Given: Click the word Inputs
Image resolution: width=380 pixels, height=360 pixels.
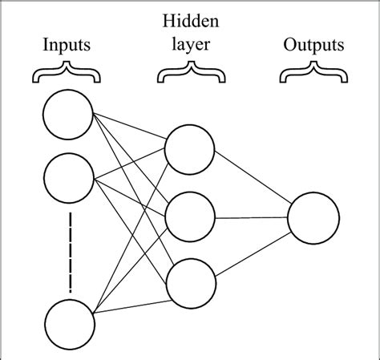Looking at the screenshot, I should tap(67, 45).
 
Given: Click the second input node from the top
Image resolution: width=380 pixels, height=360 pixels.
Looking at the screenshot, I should tap(68, 180).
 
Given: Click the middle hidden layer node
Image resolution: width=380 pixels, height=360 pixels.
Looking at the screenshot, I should tap(190, 216).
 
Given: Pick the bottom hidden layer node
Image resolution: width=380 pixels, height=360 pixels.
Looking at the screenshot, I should tap(190, 283).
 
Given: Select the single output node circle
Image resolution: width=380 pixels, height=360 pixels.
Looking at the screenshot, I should tap(313, 216).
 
